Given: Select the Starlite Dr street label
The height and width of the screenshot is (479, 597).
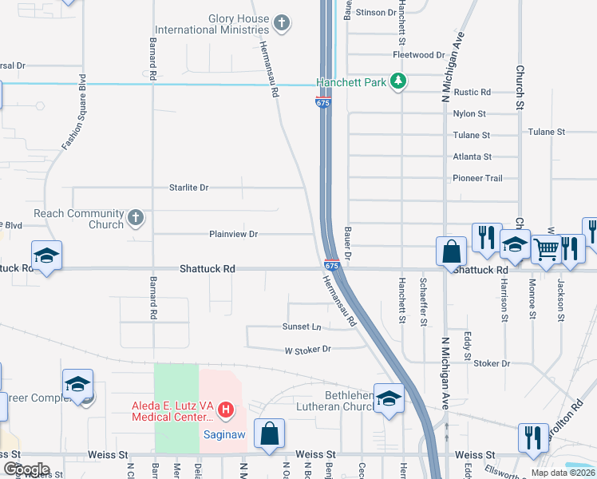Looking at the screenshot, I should coord(188,188).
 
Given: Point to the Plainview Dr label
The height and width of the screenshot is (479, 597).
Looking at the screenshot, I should coord(233,234).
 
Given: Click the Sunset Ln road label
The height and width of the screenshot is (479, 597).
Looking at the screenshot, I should coord(301,327).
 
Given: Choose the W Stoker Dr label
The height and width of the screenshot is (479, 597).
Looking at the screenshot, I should coord(307,350).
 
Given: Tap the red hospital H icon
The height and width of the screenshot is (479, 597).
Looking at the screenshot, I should coord(226,410).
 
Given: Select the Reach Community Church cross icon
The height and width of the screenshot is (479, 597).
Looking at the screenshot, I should coord(136,217).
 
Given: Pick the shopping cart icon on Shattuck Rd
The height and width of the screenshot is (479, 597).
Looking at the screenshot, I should coord(546,249).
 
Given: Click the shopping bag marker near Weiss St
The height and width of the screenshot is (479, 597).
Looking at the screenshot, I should coord(270,433).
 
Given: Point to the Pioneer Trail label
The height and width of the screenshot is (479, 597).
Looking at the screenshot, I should coord(477,178).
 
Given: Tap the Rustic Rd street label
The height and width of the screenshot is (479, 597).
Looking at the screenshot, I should coord(472,93).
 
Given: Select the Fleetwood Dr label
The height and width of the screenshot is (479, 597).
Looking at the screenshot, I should coord(418,55).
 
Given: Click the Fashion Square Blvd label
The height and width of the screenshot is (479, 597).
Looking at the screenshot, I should coord(74,112).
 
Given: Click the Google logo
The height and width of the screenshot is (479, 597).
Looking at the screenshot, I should coord(26,469).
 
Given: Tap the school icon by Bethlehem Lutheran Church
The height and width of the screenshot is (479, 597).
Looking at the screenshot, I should coord(389,398).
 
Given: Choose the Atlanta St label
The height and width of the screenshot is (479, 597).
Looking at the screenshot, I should coord(472,157).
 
